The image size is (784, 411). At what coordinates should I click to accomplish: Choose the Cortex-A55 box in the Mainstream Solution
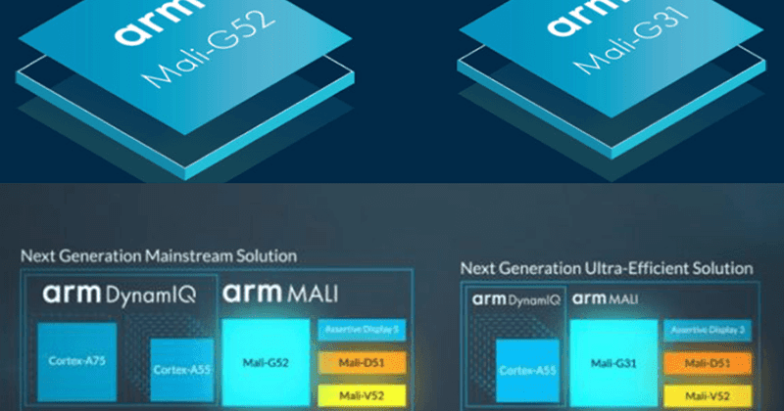point(176,370)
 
